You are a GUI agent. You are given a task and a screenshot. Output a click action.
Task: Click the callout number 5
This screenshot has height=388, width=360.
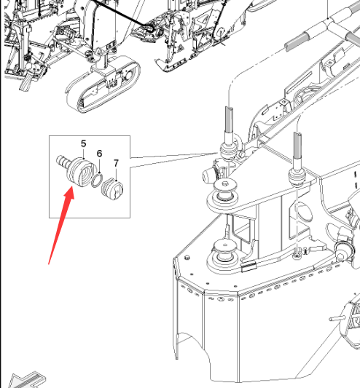[84, 143]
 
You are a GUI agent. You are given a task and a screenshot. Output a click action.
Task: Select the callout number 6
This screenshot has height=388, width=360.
[99, 154]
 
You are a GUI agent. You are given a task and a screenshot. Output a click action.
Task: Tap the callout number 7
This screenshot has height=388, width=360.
[116, 163]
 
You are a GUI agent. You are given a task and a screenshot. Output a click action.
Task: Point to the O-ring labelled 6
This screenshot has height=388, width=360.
[97, 180]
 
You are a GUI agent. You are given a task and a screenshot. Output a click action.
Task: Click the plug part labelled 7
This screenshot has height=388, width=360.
[112, 189]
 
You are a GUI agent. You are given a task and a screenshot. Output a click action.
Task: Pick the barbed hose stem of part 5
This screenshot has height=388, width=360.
[62, 162]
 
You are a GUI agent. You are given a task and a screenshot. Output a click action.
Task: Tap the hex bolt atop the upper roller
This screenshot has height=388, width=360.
[225, 183]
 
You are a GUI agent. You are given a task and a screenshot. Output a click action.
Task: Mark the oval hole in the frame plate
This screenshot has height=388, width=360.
[305, 212]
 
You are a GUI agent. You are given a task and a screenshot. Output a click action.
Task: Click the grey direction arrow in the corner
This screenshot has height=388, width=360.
[26, 380]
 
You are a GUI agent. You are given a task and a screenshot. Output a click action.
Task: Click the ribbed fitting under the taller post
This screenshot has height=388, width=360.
[228, 150]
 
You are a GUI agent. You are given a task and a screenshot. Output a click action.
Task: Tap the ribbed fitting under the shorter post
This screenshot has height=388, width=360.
[297, 176]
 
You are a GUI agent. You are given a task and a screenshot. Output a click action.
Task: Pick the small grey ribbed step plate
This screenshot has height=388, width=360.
[249, 266]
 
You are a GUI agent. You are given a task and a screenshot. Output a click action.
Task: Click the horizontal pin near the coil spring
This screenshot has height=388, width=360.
[337, 318]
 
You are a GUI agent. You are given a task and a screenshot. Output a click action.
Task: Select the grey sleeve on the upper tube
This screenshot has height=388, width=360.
[297, 41]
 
